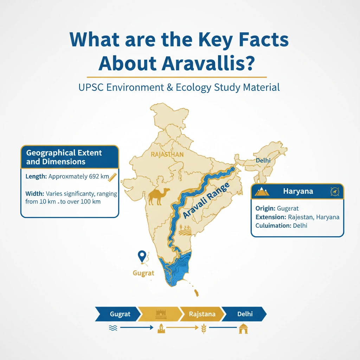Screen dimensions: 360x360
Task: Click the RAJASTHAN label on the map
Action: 167,154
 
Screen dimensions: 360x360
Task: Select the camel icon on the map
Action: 159,196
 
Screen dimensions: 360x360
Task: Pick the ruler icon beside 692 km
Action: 112,177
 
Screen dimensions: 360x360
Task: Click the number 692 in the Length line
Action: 92,176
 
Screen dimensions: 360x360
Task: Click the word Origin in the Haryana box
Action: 265,208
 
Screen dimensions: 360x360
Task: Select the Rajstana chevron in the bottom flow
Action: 202,314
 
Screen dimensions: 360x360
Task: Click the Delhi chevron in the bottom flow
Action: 245,314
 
